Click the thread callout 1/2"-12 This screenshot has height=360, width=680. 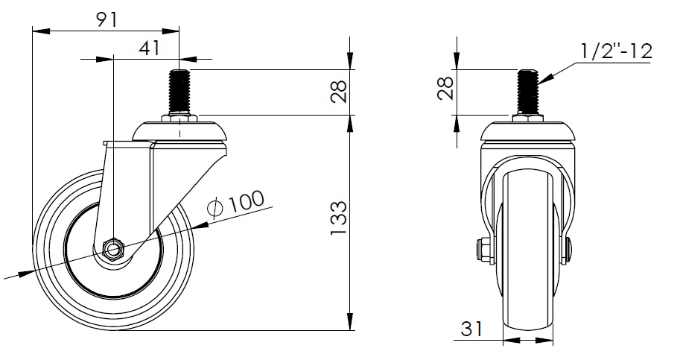(615, 51)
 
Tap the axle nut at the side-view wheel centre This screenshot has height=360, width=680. (113, 248)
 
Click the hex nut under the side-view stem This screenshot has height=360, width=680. (179, 119)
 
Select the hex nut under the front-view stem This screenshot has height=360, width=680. (527, 120)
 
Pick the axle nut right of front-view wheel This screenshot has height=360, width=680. (569, 250)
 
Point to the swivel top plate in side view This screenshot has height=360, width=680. (179, 132)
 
